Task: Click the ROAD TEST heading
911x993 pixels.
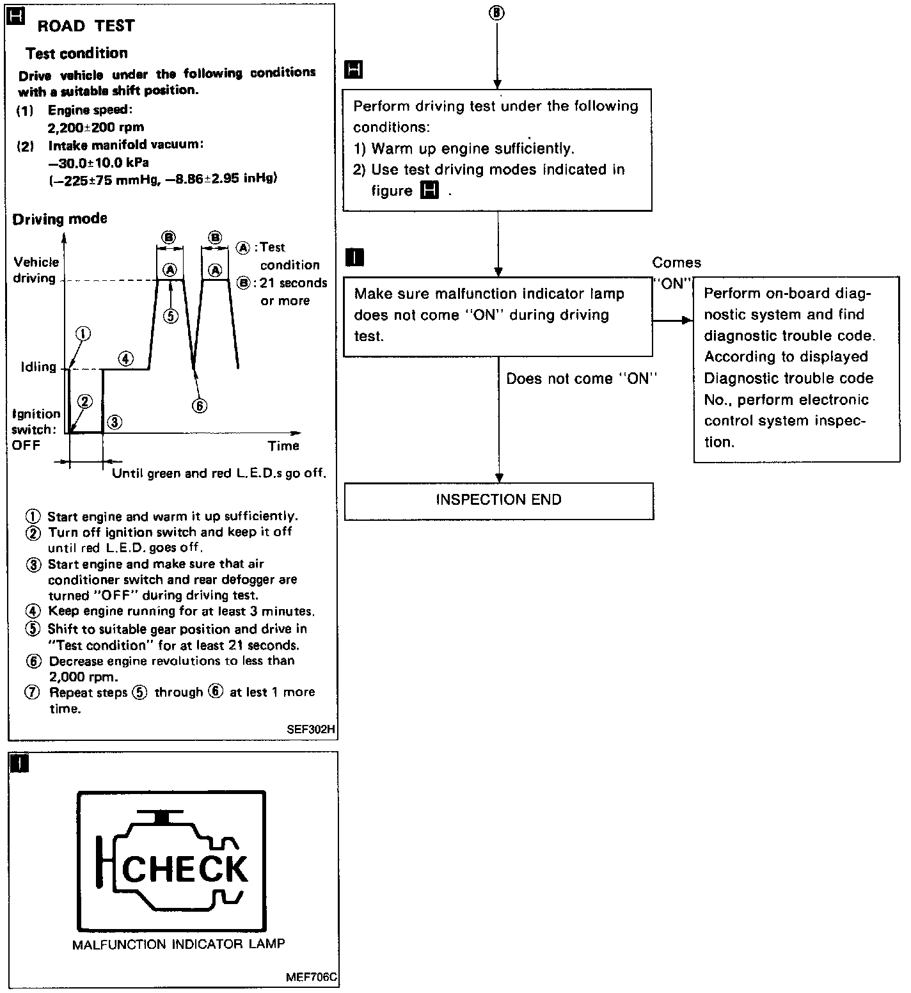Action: pyautogui.click(x=86, y=26)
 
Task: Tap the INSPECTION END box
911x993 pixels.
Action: pyautogui.click(x=498, y=500)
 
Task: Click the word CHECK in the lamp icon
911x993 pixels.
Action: pyautogui.click(x=184, y=868)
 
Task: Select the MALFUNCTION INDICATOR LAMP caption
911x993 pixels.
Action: pyautogui.click(x=178, y=944)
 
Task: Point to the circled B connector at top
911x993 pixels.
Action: pyautogui.click(x=496, y=13)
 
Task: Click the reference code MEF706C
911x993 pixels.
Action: pyautogui.click(x=313, y=978)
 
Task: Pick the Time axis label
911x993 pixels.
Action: pyautogui.click(x=283, y=445)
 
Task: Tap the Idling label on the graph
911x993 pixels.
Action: pyautogui.click(x=38, y=367)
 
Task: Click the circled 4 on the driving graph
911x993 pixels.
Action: pyautogui.click(x=126, y=359)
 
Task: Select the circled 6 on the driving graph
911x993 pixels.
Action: pyautogui.click(x=200, y=406)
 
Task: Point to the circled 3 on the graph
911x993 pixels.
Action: pyautogui.click(x=115, y=422)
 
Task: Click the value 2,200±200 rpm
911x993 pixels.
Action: pyautogui.click(x=96, y=127)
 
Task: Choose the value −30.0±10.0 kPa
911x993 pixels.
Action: pyautogui.click(x=99, y=163)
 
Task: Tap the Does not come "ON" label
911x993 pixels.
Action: pyautogui.click(x=582, y=379)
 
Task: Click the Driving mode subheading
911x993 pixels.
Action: pyautogui.click(x=60, y=219)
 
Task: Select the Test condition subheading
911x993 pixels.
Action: pyautogui.click(x=77, y=53)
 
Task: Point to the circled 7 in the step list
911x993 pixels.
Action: pyautogui.click(x=33, y=692)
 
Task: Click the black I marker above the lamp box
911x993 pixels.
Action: pyautogui.click(x=20, y=763)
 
